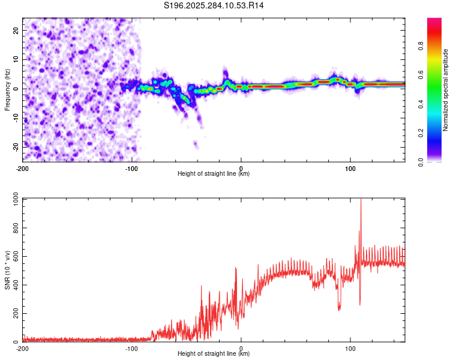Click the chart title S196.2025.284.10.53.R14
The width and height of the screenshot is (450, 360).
[x=214, y=5]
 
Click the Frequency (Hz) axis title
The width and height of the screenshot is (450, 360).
[x=7, y=89]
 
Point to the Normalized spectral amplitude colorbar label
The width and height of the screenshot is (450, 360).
[x=446, y=90]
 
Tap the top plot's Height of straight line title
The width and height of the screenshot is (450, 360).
[x=214, y=173]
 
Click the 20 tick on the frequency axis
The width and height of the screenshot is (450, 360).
[x=16, y=30]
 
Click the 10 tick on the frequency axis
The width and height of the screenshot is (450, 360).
[x=16, y=59]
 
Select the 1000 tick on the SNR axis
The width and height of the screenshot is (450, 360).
[x=13, y=200]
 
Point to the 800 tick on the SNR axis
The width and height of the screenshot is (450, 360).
[x=14, y=229]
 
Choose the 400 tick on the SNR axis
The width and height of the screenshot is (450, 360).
[x=14, y=286]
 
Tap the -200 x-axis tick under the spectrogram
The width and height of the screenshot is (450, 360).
[x=23, y=168]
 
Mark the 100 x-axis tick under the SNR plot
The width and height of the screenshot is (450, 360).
[x=350, y=348]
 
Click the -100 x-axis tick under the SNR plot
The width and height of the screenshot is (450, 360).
[x=132, y=348]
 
